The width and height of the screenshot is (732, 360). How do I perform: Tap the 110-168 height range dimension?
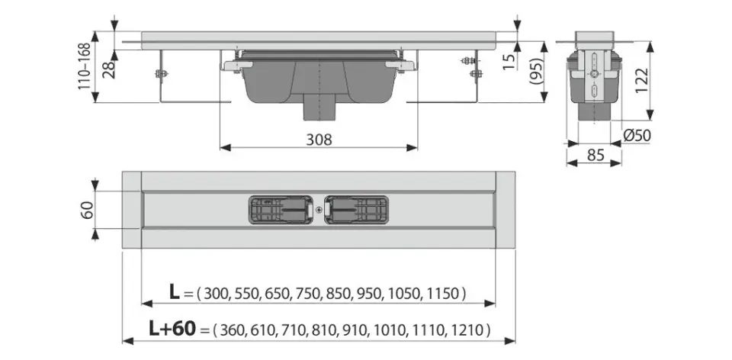[x=85, y=66]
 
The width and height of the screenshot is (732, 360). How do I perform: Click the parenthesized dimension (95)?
[x=536, y=74]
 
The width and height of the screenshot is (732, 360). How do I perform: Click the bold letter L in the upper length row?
[x=174, y=292]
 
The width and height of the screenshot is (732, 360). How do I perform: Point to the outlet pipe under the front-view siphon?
[x=319, y=111]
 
